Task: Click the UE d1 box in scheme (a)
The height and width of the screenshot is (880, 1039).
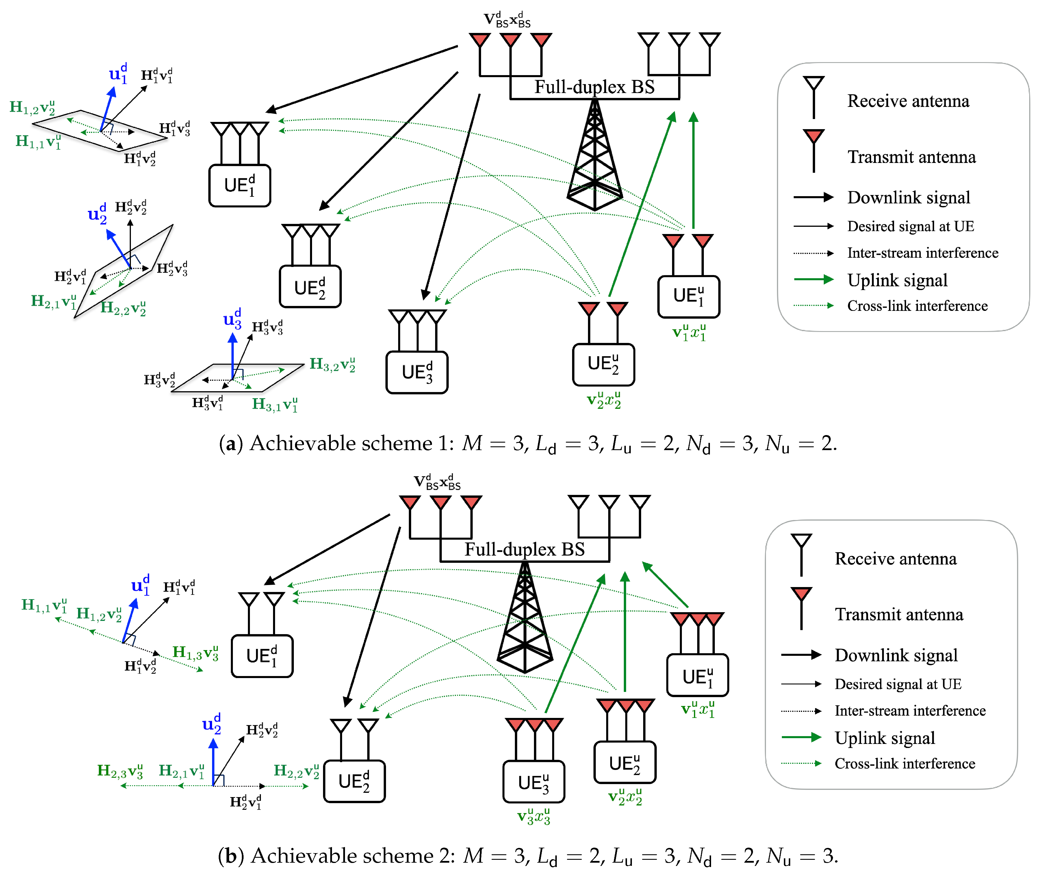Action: coord(240,185)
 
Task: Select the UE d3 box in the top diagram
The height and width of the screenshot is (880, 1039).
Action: coord(417,372)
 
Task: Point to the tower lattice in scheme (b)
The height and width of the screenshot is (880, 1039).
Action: coord(525,623)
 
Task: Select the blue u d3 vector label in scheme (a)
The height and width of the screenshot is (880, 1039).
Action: coord(232,319)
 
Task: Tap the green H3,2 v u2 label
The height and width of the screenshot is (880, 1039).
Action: coord(332,364)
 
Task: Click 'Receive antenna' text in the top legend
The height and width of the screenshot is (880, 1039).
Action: coord(908,101)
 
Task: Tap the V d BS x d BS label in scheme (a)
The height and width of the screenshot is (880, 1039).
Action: coord(507,20)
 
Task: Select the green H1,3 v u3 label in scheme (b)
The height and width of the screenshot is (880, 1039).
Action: coord(195,653)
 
